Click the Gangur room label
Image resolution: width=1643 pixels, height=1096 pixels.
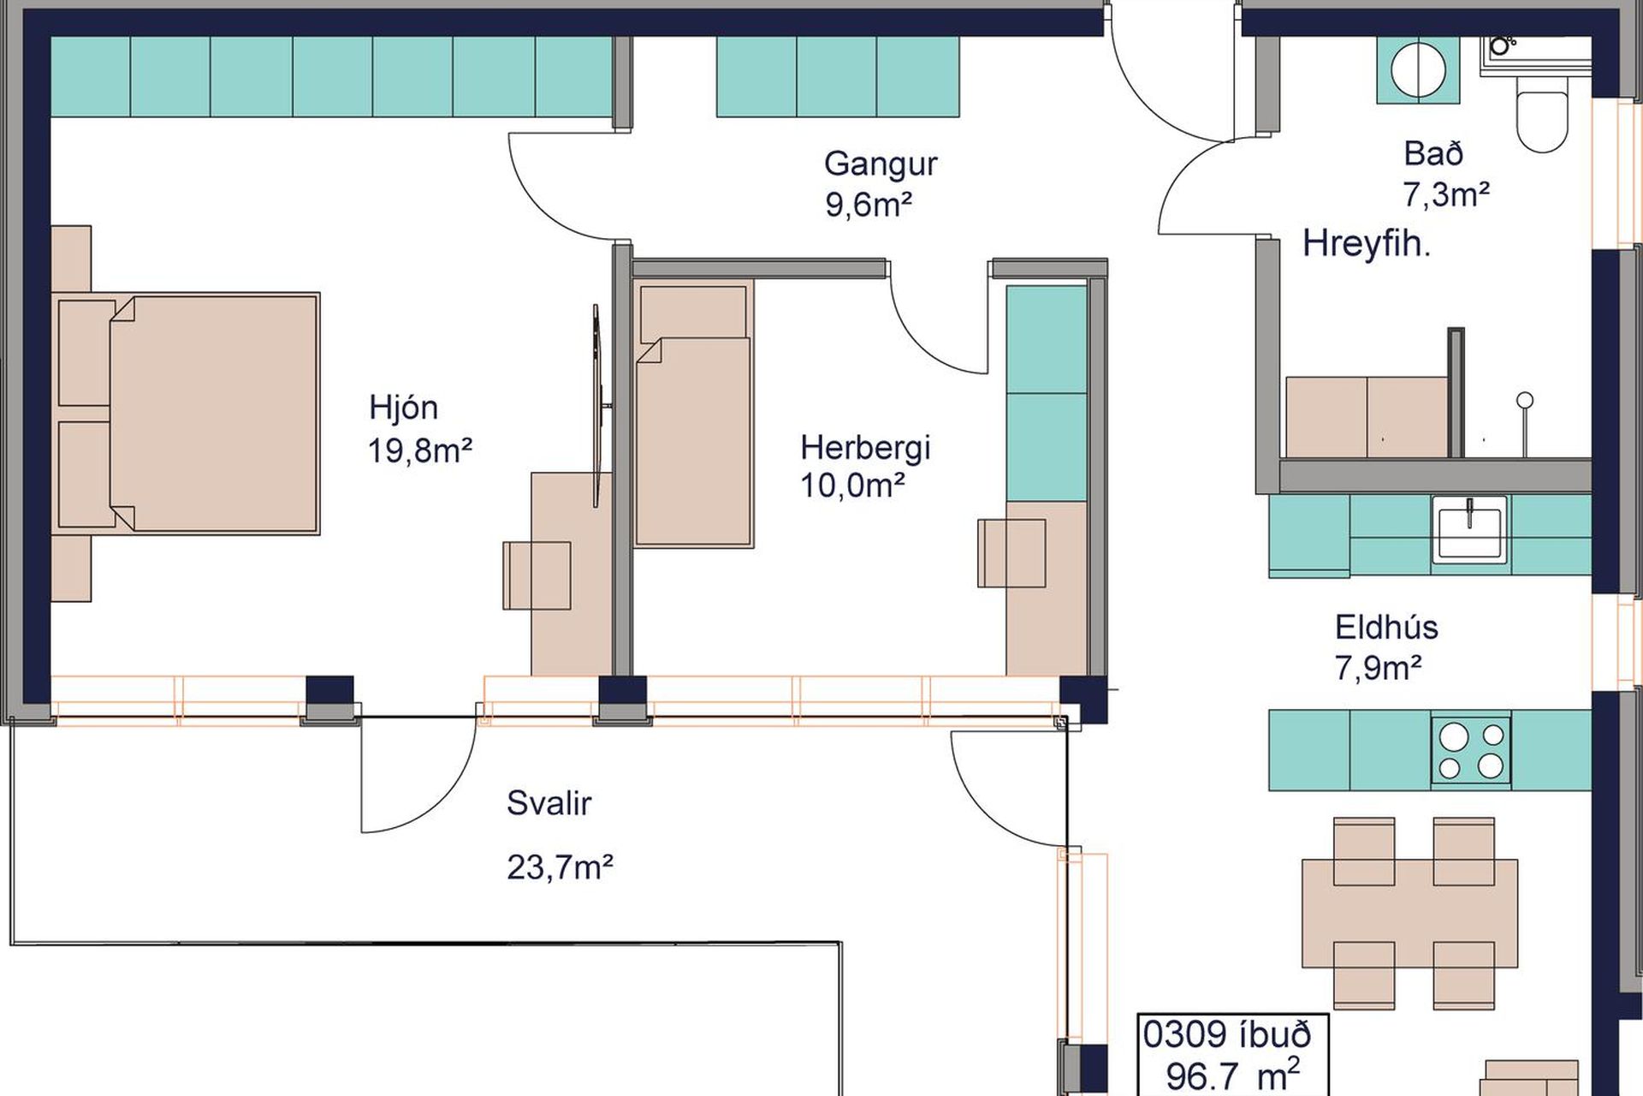tap(881, 164)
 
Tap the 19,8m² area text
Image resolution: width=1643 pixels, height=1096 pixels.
tap(419, 450)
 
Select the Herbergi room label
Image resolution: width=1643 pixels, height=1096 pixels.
tap(865, 447)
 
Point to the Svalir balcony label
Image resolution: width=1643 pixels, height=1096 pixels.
tap(549, 803)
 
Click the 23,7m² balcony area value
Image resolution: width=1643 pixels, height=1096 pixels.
tap(560, 867)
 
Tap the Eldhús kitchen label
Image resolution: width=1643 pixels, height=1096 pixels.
tap(1386, 627)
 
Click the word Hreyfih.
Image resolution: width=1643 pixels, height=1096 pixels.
tap(1367, 245)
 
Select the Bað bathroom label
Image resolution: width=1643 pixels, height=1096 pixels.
tap(1433, 154)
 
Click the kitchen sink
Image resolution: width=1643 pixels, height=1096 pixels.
tap(1468, 529)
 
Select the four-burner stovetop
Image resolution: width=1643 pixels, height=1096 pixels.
tap(1470, 751)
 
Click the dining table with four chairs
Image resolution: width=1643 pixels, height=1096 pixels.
tap(1409, 913)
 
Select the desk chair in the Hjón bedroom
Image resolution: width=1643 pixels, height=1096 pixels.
tap(537, 575)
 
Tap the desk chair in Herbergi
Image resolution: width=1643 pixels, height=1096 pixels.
tap(1011, 553)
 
